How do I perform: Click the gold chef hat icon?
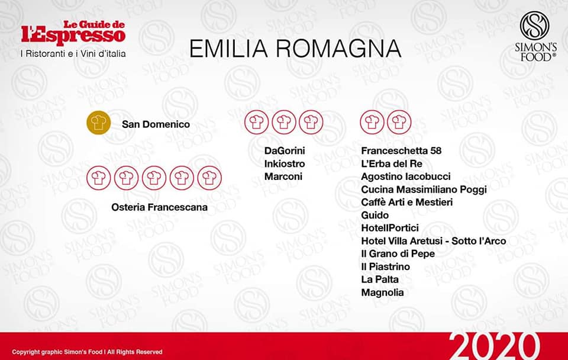99,123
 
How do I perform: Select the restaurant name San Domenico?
156,124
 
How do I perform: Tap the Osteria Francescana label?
159,207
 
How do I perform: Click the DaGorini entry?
285,150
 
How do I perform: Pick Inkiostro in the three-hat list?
285,163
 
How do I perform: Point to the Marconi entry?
283,176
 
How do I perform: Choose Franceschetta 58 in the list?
401,150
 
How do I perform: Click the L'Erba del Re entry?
392,163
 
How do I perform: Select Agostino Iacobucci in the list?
406,176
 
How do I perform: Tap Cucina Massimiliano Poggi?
424,189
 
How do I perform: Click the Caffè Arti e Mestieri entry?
407,202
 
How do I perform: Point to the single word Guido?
375,216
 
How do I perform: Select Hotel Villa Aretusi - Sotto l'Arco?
434,241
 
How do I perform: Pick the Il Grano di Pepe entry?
398,254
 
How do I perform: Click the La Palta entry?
380,279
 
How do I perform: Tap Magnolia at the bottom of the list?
383,292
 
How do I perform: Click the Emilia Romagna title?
295,49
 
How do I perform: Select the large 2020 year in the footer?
494,346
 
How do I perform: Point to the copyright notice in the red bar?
87,352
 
